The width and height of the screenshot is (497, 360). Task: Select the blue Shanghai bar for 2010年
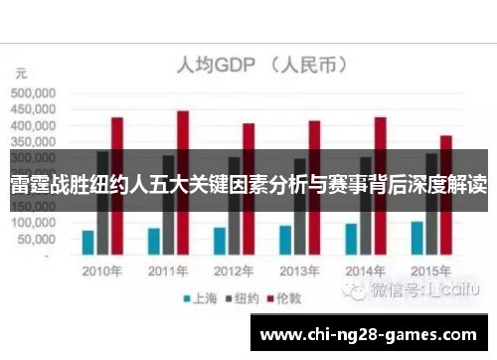tap(88, 243)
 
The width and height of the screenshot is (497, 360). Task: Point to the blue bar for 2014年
tap(351, 239)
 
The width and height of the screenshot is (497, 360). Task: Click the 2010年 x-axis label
tap(103, 270)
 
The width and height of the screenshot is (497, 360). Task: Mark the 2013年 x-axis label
tap(300, 270)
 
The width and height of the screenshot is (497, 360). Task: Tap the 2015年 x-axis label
tap(431, 270)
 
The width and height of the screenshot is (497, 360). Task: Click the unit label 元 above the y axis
tap(21, 73)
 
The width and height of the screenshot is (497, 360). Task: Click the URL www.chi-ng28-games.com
tap(372, 335)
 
